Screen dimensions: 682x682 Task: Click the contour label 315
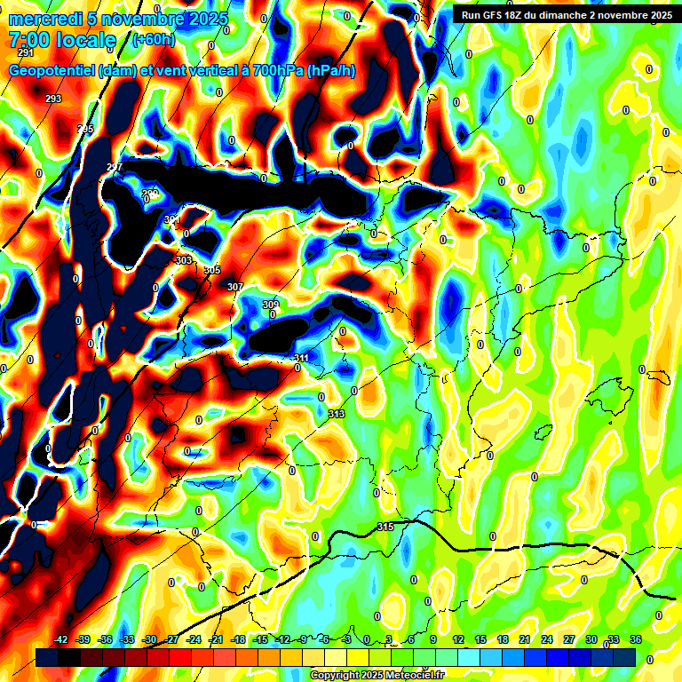[385, 527]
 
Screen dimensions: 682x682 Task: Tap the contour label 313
[336, 415]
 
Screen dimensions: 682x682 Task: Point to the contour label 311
[302, 359]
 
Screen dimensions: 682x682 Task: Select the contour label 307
[234, 287]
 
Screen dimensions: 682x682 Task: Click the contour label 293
[53, 99]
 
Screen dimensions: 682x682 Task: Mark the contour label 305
[212, 271]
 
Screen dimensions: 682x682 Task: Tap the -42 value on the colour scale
[60, 639]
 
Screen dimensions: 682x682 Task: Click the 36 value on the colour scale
[636, 639]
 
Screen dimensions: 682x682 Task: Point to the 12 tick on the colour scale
[458, 639]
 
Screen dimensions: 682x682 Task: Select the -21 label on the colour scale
[216, 639]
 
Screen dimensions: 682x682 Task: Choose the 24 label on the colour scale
[547, 639]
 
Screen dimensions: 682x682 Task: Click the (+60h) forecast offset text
[154, 40]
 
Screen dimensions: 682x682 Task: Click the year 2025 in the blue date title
[203, 19]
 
